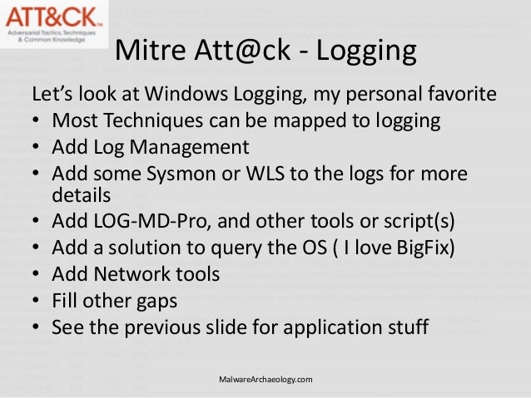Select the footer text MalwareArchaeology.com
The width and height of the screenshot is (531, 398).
(265, 380)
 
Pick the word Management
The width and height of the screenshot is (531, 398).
(191, 148)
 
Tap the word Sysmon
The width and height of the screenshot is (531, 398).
(188, 174)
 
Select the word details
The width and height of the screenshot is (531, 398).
(81, 195)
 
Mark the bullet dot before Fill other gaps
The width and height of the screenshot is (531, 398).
(38, 302)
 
